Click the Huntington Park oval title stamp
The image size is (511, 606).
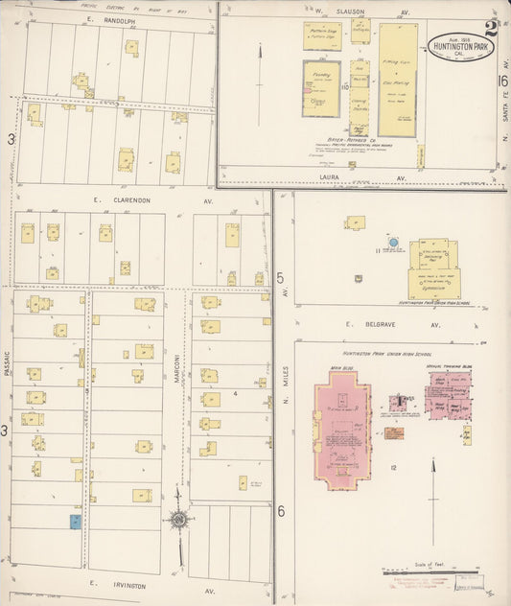point(460,46)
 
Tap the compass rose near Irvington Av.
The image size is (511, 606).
point(178,521)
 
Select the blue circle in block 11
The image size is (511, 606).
point(392,242)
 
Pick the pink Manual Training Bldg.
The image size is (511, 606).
point(447,393)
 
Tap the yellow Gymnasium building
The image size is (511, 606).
point(433,284)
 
